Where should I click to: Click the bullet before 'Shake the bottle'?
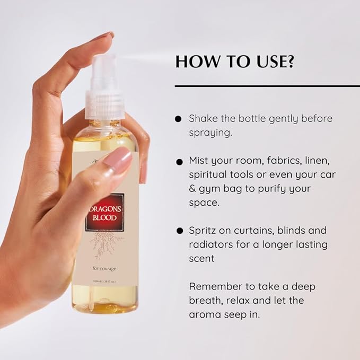point(178,119)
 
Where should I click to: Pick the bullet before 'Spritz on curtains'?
point(178,231)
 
